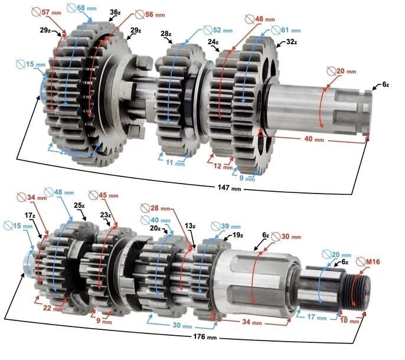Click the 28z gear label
[166, 34]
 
